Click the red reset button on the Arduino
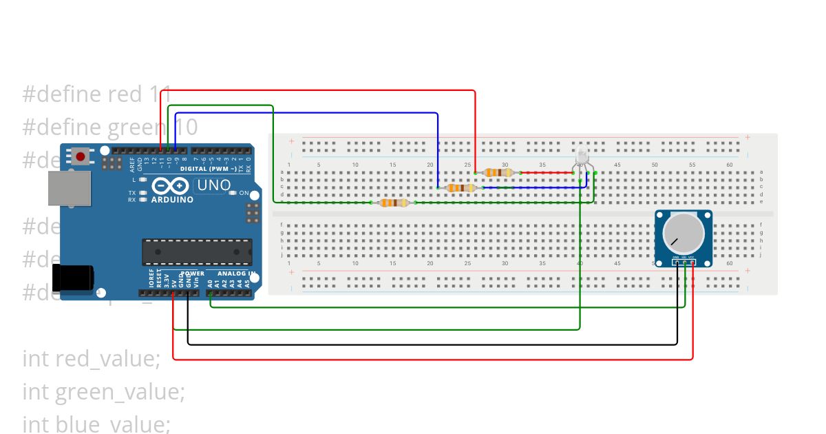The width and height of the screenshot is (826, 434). (x=81, y=157)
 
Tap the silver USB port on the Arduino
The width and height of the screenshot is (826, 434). (x=69, y=188)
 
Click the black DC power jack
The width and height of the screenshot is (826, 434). (x=73, y=278)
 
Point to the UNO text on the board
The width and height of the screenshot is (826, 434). (x=213, y=185)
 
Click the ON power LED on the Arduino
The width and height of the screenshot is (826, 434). (x=233, y=193)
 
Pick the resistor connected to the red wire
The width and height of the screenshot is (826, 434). (x=497, y=173)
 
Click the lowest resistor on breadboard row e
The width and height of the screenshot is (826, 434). (x=393, y=203)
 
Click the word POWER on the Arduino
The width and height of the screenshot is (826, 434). (x=193, y=273)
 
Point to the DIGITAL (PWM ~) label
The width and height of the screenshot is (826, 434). (x=208, y=169)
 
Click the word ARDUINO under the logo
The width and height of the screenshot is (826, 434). (x=171, y=200)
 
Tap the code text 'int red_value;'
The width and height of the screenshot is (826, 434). (x=91, y=358)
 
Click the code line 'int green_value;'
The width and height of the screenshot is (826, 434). (x=103, y=391)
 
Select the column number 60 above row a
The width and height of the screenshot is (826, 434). (x=730, y=165)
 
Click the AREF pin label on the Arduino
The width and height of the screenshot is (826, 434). (x=131, y=163)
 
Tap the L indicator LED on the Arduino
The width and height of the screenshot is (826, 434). (x=142, y=180)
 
